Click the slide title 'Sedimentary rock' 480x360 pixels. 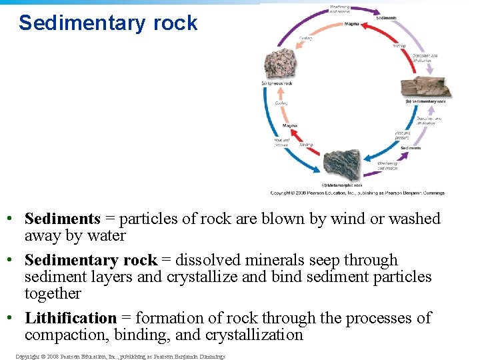(x=108, y=23)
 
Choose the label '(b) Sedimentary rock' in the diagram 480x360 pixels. (x=425, y=102)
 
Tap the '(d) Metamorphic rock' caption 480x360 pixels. (x=342, y=185)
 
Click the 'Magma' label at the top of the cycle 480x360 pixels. (x=351, y=24)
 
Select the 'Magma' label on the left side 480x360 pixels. (x=289, y=125)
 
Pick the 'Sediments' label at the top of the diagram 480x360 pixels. (x=387, y=18)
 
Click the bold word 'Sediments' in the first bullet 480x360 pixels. (x=62, y=219)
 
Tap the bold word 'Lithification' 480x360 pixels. (x=70, y=318)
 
